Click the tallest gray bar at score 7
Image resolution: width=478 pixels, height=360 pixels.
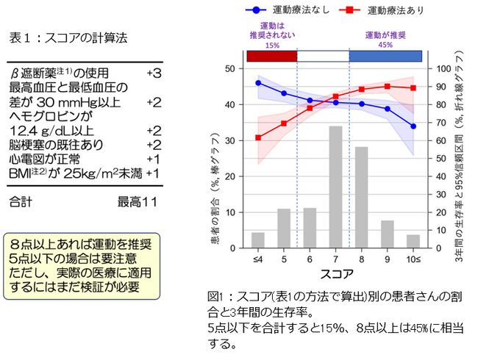pos(335,187)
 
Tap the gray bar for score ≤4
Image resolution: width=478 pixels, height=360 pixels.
pos(258,241)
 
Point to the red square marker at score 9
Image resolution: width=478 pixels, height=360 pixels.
pos(388,86)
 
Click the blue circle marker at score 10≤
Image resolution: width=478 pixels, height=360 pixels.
pos(413,126)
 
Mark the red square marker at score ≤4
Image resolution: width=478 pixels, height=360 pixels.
pos(258,137)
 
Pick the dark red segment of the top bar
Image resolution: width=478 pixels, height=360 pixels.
pos(272,56)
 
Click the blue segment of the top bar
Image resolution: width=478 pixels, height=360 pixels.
pos(385,56)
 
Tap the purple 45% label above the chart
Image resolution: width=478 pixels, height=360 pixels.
pos(384,44)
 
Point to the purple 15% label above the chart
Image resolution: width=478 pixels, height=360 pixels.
pos(272,44)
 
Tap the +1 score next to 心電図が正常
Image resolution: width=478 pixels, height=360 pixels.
pos(153,159)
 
